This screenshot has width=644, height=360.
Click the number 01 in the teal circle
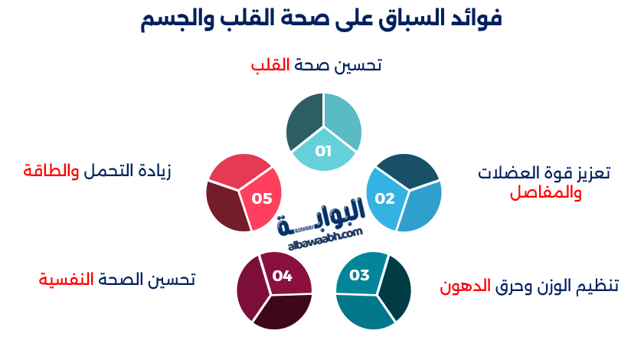323,151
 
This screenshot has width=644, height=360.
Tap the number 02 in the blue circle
384,199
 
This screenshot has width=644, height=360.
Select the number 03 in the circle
359,275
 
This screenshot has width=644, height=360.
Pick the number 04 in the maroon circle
283,276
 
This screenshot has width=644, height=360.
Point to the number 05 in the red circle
262,198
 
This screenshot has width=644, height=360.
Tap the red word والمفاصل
546,192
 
